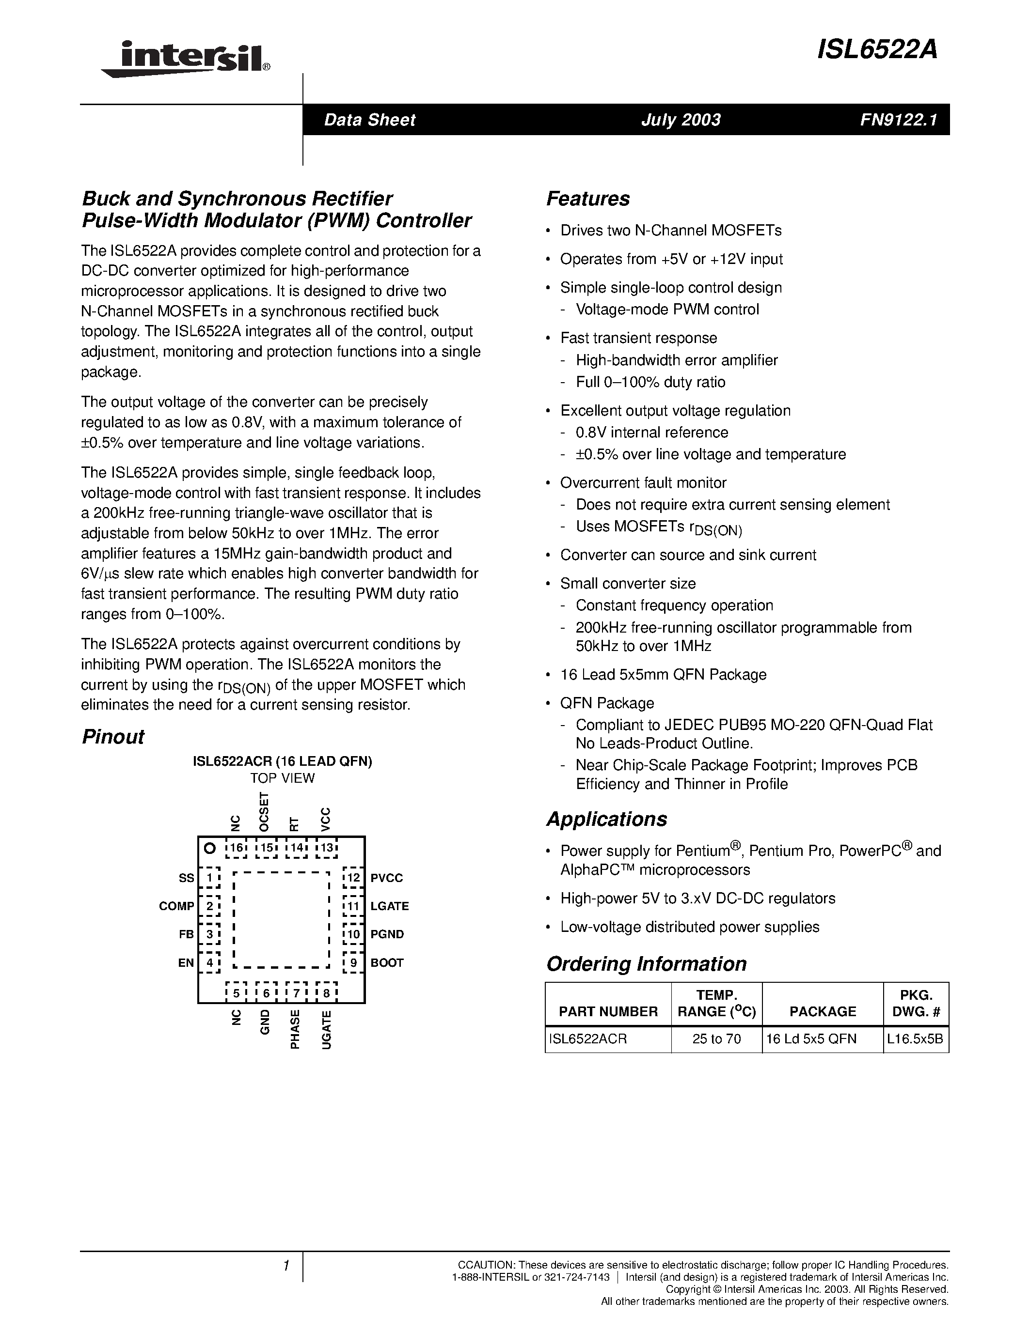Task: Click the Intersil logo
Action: pyautogui.click(x=186, y=59)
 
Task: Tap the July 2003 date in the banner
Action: pyautogui.click(x=681, y=120)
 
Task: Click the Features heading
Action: pyautogui.click(x=587, y=199)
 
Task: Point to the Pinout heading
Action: pyautogui.click(x=113, y=737)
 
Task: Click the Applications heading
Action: pyautogui.click(x=606, y=819)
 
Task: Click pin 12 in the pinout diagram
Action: pyautogui.click(x=353, y=878)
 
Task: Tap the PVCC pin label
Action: pyautogui.click(x=387, y=878)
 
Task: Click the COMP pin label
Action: pyautogui.click(x=176, y=906)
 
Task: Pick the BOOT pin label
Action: pyautogui.click(x=387, y=963)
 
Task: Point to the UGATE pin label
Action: pyautogui.click(x=327, y=1029)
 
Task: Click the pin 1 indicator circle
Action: pyautogui.click(x=209, y=848)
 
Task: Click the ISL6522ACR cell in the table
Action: pyautogui.click(x=587, y=1038)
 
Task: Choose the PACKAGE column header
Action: pyautogui.click(x=823, y=1011)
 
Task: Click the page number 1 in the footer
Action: pyautogui.click(x=285, y=1266)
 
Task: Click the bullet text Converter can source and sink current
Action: pyautogui.click(x=688, y=555)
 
